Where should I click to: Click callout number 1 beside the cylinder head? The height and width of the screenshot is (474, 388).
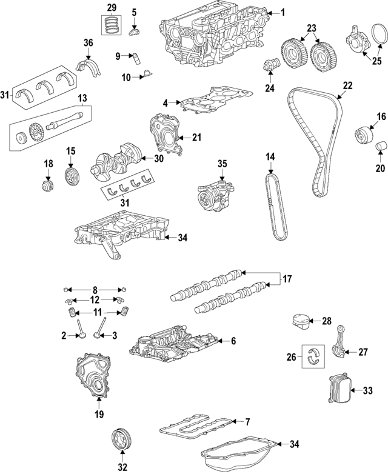click(x=283, y=13)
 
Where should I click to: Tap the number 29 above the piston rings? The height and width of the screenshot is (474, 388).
click(x=111, y=7)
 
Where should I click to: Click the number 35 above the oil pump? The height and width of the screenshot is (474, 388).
click(x=222, y=164)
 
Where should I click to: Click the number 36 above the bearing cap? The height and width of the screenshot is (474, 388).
click(x=88, y=42)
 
